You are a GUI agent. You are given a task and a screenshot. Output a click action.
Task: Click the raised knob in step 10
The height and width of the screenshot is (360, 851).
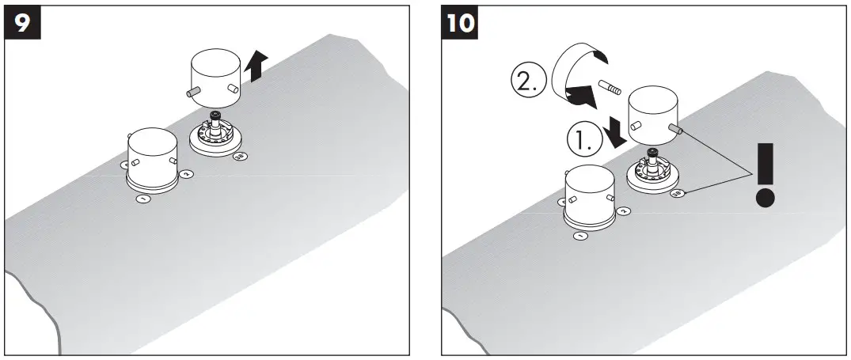coord(654,115)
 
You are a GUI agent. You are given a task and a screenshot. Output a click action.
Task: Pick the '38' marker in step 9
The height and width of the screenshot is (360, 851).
coord(239,157)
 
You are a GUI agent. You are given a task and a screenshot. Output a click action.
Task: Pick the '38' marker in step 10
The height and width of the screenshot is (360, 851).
coord(677,193)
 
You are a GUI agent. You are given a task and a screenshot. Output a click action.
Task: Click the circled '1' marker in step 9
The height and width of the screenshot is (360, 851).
coord(143,199)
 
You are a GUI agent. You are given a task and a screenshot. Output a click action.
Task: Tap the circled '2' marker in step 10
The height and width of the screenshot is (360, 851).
coord(623,211)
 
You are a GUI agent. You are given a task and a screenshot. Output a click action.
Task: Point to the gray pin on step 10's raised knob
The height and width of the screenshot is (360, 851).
coord(674,127)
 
